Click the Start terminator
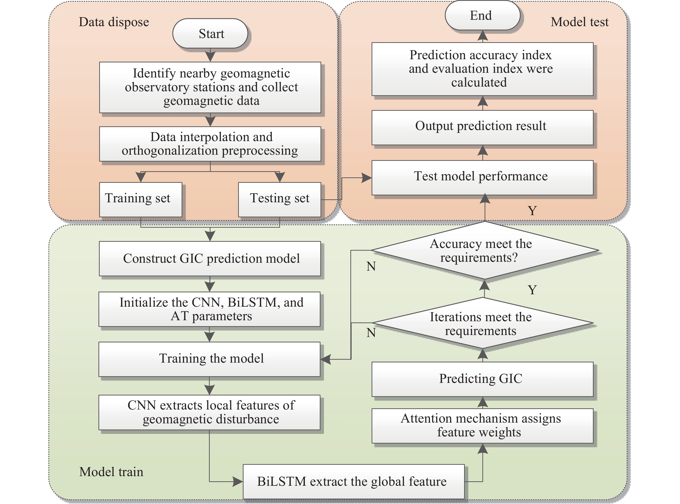(210, 34)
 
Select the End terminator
(482, 16)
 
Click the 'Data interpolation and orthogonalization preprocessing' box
(210, 144)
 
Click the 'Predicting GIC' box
(482, 379)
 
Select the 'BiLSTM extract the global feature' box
(354, 482)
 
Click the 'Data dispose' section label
(114, 22)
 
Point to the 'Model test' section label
(579, 22)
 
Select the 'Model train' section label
(111, 472)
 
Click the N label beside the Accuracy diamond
(371, 267)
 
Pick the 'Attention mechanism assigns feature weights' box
(482, 426)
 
